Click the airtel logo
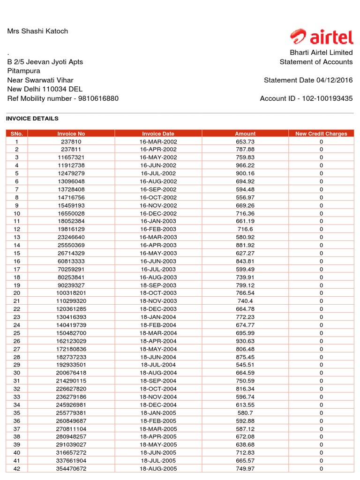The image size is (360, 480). [x=322, y=36]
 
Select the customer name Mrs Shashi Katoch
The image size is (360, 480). [x=37, y=31]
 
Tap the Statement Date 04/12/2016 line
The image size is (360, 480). [x=308, y=80]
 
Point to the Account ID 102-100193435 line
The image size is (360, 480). [x=306, y=98]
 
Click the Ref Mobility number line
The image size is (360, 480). [x=63, y=98]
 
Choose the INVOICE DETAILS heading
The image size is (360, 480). [x=32, y=119]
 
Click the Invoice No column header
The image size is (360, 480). [x=71, y=134]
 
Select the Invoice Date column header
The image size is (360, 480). [x=158, y=134]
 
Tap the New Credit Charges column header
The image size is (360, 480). [x=321, y=134]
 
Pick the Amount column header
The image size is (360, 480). [x=245, y=134]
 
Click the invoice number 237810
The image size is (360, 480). [x=71, y=142]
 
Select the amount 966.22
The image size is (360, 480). [x=245, y=165]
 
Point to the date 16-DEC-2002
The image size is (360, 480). [x=158, y=213]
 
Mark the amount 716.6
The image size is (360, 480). [x=245, y=229]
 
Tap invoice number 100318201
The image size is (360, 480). [x=71, y=293]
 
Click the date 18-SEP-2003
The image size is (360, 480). [x=158, y=285]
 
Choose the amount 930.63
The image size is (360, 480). [x=245, y=341]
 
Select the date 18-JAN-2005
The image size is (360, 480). [x=158, y=412]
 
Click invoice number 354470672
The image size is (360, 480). [x=71, y=468]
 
